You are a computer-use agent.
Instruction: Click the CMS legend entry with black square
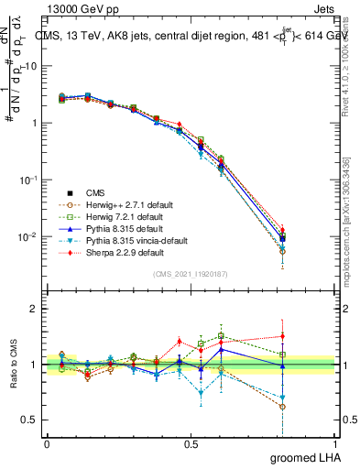tap(96, 192)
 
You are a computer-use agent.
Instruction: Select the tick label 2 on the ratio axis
tap(33, 309)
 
